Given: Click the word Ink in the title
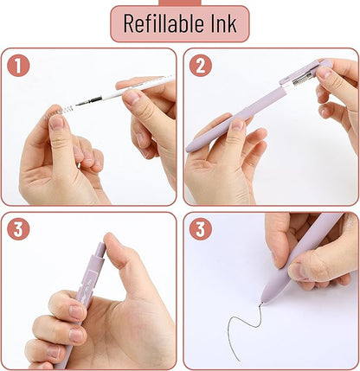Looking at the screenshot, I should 221,24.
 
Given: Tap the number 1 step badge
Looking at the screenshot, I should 19,66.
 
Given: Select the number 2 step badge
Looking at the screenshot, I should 200,66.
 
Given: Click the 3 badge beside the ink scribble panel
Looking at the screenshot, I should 200,230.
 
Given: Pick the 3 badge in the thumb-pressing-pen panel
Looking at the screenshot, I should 19,230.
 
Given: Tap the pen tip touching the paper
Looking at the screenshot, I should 263,299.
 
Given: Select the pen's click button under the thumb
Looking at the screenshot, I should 101,252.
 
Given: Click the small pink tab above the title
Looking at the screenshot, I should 179,3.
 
